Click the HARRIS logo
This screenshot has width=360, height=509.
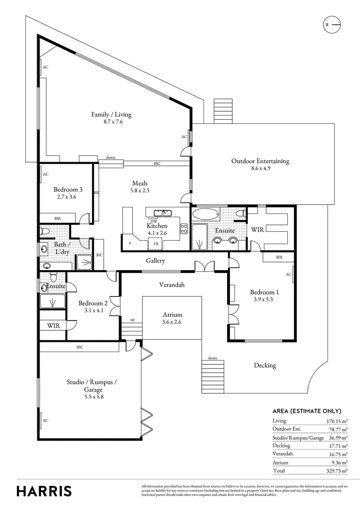tap(44, 491)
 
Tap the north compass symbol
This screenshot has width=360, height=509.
tap(332, 24)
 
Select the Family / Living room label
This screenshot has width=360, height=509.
tap(111, 115)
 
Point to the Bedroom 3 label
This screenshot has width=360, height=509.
tap(68, 189)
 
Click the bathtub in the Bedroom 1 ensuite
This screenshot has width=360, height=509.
tap(206, 214)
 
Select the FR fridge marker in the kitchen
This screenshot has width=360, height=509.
tap(155, 244)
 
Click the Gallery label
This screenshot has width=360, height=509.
tap(155, 261)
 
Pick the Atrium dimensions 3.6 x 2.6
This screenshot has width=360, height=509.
tap(172, 322)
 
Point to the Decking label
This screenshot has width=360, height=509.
tap(265, 365)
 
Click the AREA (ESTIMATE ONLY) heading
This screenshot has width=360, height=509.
tap(307, 411)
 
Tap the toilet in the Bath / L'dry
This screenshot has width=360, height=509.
tap(45, 231)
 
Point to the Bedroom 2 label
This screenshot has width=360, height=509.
tap(93, 303)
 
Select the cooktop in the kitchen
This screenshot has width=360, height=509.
tap(184, 229)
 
